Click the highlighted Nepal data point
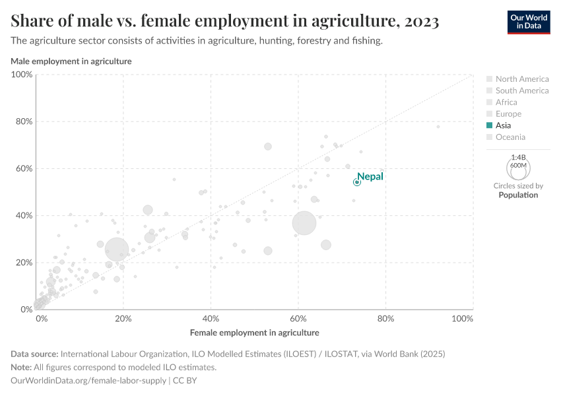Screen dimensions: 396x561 (357, 182)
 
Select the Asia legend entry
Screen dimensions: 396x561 (503, 125)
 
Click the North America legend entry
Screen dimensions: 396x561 (521, 79)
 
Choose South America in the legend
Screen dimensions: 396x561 (521, 90)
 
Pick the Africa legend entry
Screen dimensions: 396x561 (506, 102)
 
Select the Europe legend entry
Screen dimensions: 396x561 (508, 114)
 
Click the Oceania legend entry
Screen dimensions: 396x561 (510, 137)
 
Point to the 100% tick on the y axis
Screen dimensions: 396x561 (22, 75)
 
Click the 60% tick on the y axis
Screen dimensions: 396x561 (24, 168)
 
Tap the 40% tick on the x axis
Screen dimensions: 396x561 (211, 319)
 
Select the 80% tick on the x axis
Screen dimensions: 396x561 (385, 319)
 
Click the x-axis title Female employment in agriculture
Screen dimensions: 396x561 (254, 333)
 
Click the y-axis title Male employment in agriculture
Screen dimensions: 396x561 (71, 61)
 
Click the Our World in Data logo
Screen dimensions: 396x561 (528, 22)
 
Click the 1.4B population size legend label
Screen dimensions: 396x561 (518, 158)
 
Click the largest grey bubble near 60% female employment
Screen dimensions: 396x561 (304, 224)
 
